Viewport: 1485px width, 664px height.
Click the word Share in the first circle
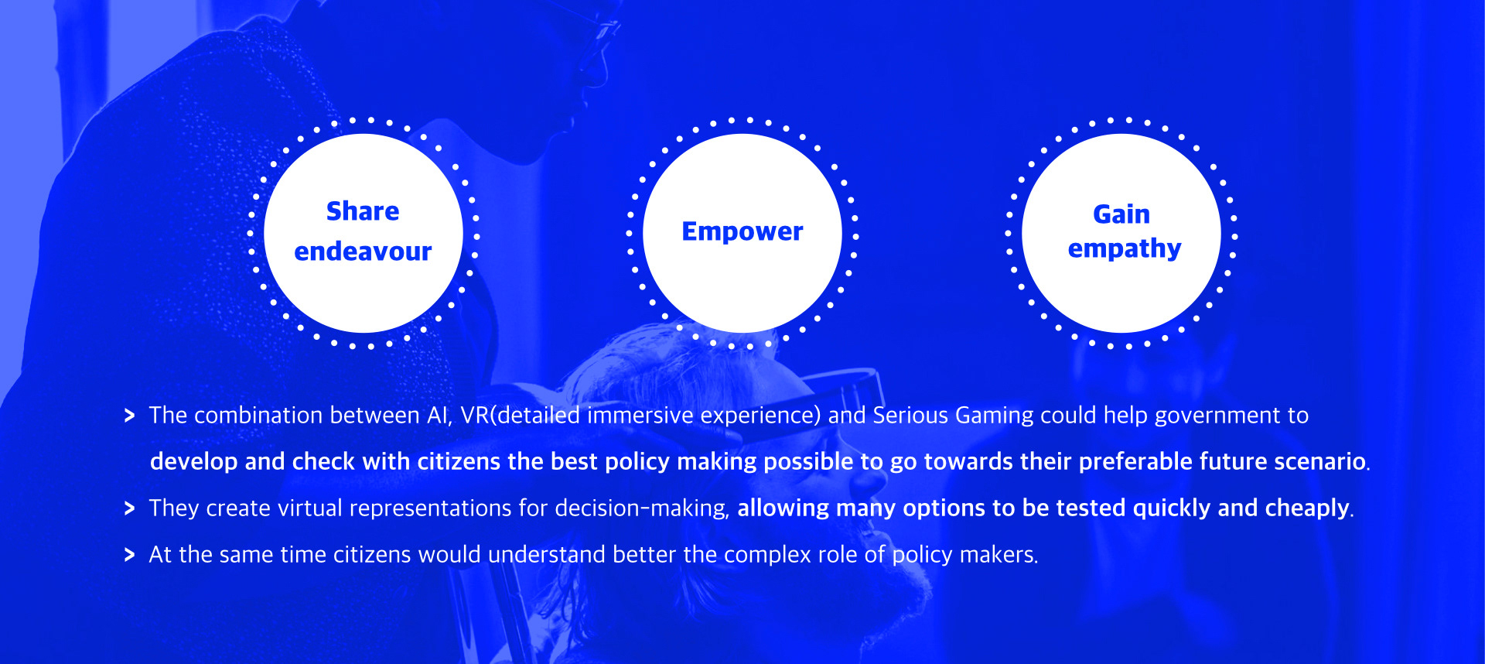(x=363, y=211)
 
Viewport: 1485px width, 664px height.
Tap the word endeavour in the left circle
(x=363, y=252)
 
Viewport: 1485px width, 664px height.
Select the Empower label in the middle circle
(x=742, y=231)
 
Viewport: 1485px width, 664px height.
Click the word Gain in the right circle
(x=1121, y=214)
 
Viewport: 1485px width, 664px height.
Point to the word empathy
(x=1125, y=249)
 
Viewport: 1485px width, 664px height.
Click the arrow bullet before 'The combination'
(x=129, y=416)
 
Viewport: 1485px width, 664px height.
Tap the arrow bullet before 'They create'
(x=129, y=508)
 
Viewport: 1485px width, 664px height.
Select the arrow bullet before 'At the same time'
(x=129, y=555)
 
